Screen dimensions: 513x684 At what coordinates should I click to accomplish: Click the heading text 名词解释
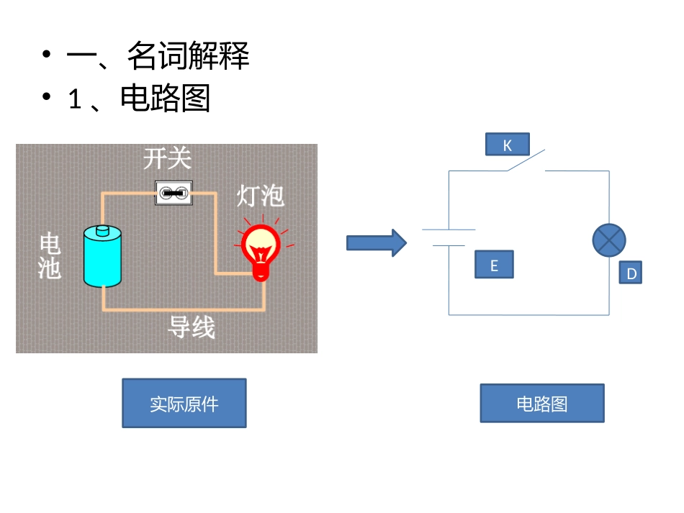[188, 56]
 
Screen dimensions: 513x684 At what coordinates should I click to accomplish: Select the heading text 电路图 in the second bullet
[166, 99]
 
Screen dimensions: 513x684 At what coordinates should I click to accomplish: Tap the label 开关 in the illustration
[167, 158]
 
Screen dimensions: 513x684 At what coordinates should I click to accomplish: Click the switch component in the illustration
[174, 193]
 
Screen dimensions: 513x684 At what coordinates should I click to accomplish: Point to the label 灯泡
[261, 195]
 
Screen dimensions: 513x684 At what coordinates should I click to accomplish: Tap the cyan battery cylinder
[102, 259]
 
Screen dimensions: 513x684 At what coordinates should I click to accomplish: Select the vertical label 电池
[50, 256]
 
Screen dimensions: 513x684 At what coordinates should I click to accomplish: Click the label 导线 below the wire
[192, 327]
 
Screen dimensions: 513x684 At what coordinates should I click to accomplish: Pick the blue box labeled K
[507, 145]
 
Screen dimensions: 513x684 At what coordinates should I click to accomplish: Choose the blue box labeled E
[494, 265]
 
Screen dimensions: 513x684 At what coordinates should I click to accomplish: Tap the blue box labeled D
[631, 273]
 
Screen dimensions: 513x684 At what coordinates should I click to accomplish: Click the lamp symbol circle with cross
[609, 240]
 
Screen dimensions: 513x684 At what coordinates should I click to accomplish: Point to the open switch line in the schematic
[525, 160]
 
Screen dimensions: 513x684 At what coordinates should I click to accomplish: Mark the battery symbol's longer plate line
[449, 230]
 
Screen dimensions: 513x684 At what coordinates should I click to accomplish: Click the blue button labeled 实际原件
[184, 404]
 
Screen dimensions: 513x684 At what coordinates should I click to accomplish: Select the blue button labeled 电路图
[542, 404]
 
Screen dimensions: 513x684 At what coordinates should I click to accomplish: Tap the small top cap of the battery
[102, 230]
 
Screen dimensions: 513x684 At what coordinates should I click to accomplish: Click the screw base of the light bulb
[261, 272]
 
